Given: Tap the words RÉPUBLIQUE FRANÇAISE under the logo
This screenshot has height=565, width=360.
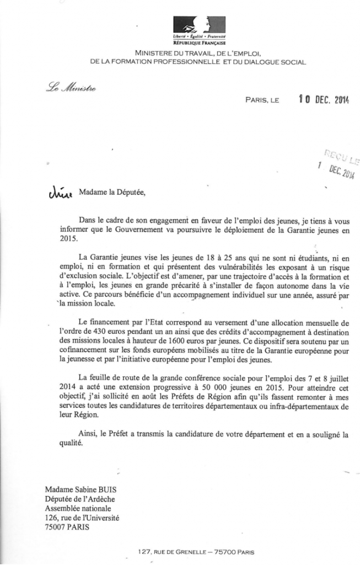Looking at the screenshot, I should tap(191, 42).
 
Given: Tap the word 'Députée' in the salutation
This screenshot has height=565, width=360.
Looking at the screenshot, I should tap(132, 193).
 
